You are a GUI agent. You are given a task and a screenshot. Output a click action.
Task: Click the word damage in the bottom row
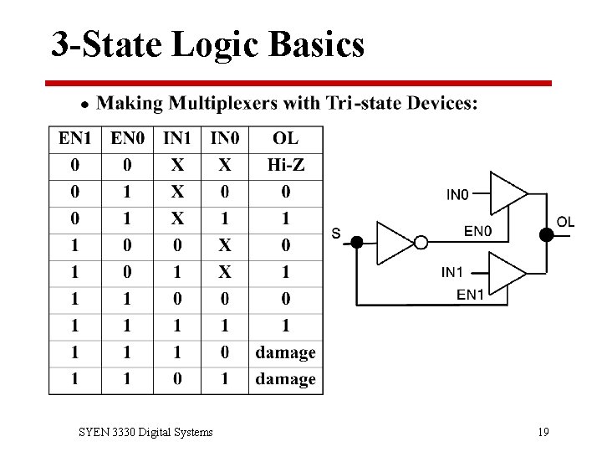[285, 379]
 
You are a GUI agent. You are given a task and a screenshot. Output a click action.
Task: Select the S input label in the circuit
[336, 234]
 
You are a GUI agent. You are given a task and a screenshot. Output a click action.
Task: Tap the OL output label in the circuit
[566, 222]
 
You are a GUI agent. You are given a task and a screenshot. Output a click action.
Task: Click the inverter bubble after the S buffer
[421, 243]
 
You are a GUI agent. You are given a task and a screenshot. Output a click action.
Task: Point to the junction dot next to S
[357, 243]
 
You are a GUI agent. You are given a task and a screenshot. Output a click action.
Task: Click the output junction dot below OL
[547, 235]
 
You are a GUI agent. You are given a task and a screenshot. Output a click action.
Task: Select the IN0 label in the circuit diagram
[457, 195]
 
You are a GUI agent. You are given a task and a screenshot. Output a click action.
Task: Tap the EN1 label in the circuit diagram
[470, 294]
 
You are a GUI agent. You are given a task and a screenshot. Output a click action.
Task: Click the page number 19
[543, 432]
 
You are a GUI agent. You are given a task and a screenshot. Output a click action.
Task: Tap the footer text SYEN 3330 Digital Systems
[145, 432]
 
